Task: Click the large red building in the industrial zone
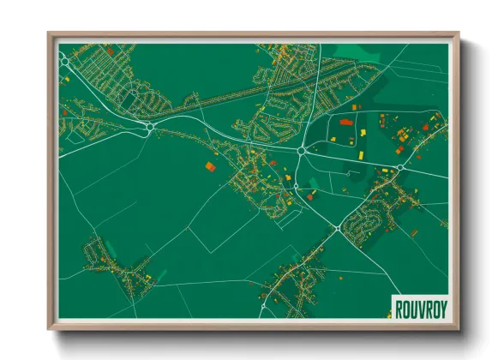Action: click(x=346, y=123)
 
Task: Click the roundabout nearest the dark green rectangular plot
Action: click(x=150, y=129)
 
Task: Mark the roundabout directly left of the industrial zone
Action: click(x=302, y=151)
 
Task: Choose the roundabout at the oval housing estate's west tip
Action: click(x=340, y=229)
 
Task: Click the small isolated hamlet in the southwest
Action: click(x=111, y=261)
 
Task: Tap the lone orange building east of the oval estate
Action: click(x=415, y=231)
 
